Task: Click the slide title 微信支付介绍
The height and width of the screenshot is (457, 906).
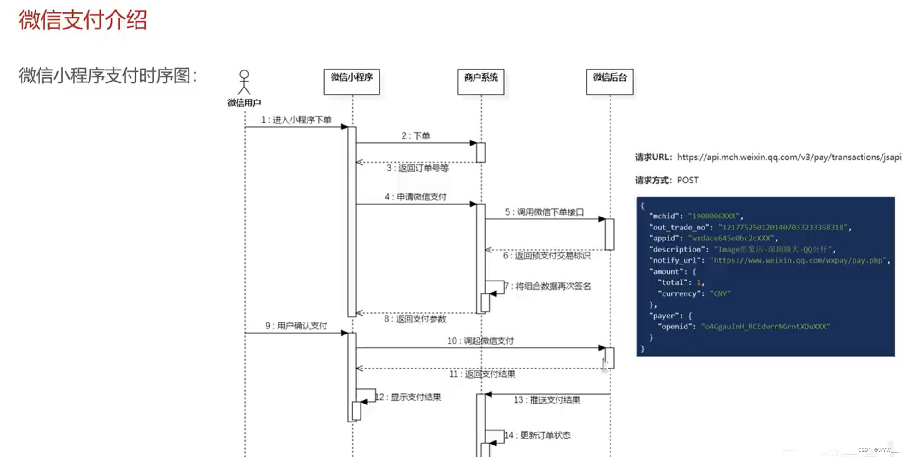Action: (x=83, y=20)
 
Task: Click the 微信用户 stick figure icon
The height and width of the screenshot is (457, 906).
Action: (x=244, y=82)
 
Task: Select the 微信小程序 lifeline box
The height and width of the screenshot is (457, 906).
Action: (x=351, y=82)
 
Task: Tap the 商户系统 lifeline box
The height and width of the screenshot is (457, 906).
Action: (x=481, y=82)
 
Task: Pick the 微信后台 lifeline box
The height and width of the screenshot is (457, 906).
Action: (x=610, y=82)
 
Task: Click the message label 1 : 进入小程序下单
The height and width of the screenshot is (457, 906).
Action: (x=296, y=120)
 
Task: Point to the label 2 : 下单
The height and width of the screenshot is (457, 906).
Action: (x=415, y=136)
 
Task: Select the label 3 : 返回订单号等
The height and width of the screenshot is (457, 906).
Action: (x=417, y=168)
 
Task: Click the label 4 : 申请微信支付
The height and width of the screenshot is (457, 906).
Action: (x=415, y=197)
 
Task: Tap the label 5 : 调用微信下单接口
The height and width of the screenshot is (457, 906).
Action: (x=544, y=212)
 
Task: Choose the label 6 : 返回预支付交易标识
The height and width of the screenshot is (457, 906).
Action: (x=546, y=256)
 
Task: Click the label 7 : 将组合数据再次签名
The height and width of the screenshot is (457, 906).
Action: (x=548, y=286)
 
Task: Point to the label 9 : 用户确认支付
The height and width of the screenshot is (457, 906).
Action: (x=296, y=326)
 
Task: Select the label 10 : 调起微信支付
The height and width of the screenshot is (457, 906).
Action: (x=480, y=340)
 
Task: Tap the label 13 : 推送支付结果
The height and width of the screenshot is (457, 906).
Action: (x=547, y=400)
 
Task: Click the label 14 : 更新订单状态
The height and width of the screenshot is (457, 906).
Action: (x=538, y=435)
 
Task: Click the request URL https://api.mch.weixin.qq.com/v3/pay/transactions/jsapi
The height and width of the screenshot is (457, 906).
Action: (x=789, y=157)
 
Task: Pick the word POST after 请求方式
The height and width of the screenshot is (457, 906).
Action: (x=687, y=180)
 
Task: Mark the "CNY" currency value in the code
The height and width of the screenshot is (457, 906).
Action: (x=720, y=293)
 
